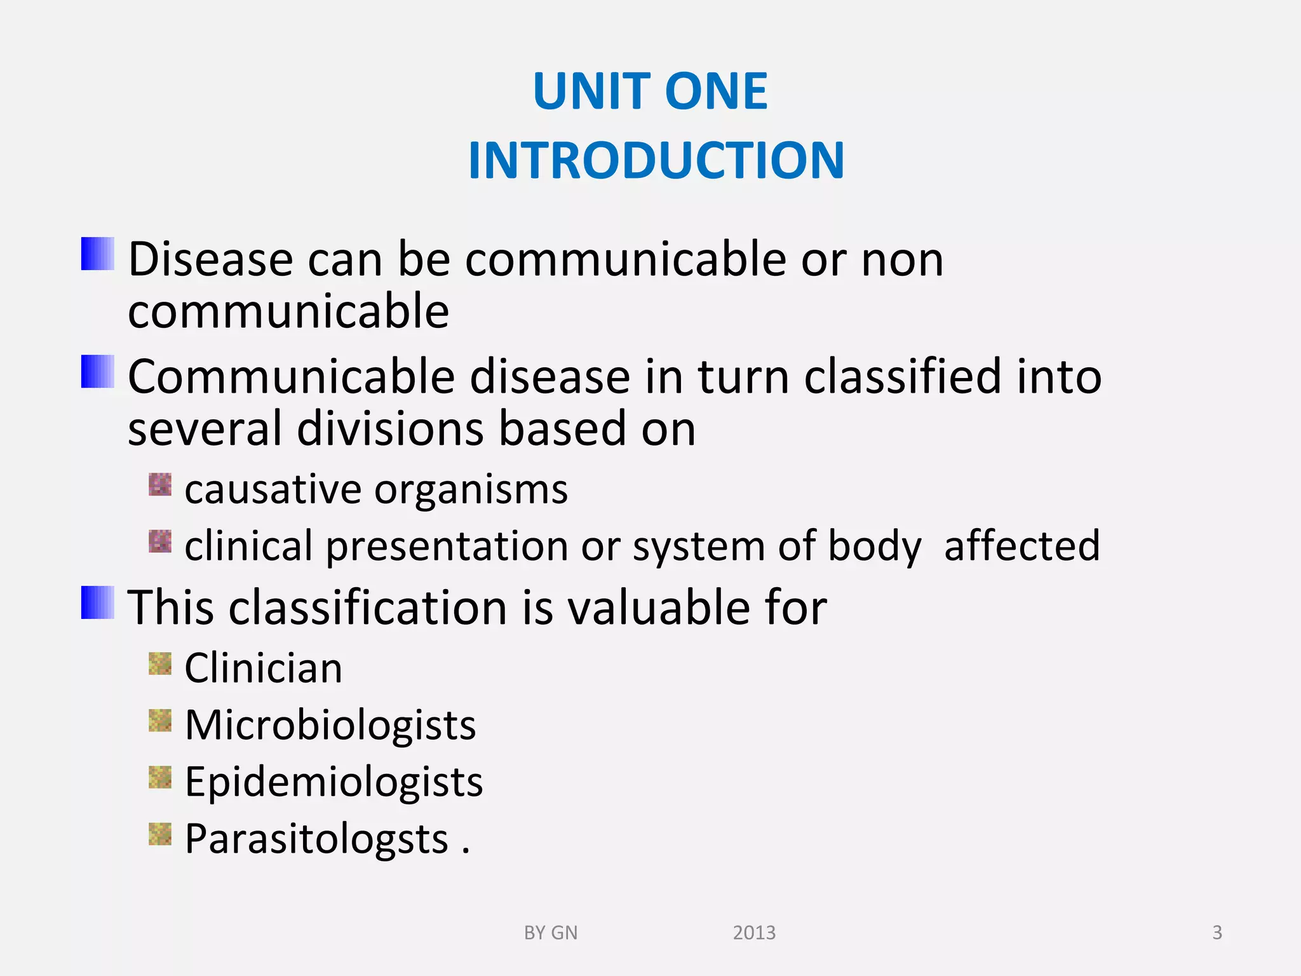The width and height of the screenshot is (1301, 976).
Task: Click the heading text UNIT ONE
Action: coord(650,91)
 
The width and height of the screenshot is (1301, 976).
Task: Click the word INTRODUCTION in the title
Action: coord(656,161)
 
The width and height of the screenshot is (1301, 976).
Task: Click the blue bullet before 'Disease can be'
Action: coord(98,254)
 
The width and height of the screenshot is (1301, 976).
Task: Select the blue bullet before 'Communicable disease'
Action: coord(98,372)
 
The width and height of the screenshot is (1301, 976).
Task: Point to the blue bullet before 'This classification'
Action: coord(98,602)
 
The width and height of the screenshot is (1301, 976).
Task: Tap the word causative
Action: coord(273,490)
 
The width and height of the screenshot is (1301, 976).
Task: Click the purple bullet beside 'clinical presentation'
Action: coord(160,541)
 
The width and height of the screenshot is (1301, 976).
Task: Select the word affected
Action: coord(1021,546)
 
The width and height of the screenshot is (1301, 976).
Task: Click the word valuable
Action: coord(659,607)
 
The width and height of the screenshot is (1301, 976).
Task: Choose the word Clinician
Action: coord(263,668)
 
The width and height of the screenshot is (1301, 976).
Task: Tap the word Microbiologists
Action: coord(330,725)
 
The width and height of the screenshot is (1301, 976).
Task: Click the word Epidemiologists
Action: coord(334,782)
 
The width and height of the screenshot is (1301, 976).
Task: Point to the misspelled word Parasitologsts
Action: coord(316,839)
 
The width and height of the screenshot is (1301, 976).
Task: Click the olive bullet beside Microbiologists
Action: coord(160,721)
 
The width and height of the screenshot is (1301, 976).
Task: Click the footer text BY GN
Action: coord(550,933)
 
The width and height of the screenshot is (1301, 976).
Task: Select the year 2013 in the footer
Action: coord(754,933)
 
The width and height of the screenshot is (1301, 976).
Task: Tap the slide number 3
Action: coord(1217,933)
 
